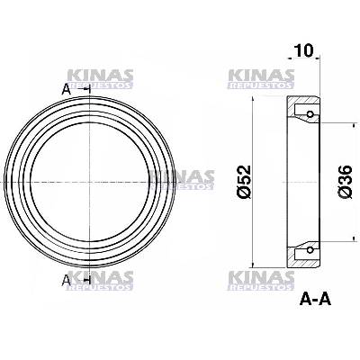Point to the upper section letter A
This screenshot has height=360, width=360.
[x=66, y=88]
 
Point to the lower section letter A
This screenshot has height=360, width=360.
[x=66, y=279]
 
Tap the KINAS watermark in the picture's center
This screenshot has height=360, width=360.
[x=180, y=179]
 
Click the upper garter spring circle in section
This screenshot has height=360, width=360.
[x=310, y=114]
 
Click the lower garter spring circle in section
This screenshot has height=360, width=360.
[x=310, y=248]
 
